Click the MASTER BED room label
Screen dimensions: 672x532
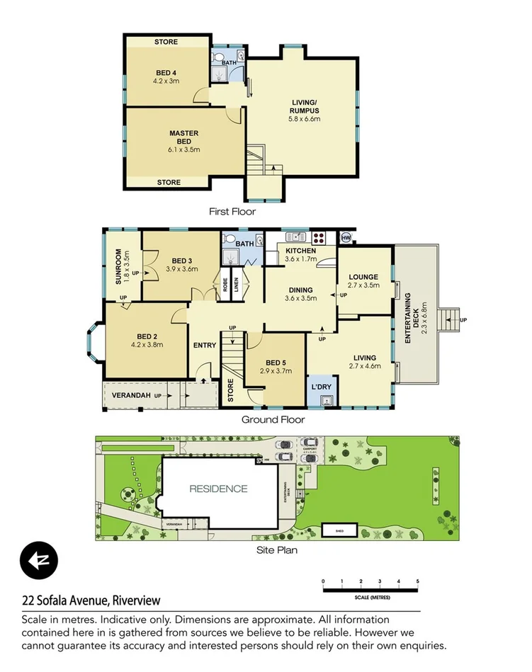[x=183, y=137]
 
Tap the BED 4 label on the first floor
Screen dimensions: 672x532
[x=166, y=72]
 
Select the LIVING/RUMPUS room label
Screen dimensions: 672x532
[x=305, y=106]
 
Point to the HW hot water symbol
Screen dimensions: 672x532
[x=346, y=237]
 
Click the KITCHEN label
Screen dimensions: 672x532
[x=300, y=251]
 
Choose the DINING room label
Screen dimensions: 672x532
[x=300, y=290]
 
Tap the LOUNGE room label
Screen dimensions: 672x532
[x=363, y=277]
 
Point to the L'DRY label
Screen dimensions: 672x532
[x=322, y=387]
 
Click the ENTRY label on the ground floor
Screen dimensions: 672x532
[x=205, y=346]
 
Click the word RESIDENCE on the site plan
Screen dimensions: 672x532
[x=218, y=489]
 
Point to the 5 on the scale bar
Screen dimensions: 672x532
[x=418, y=581]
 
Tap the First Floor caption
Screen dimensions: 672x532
[x=232, y=211]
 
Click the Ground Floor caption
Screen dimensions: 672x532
[x=273, y=419]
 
